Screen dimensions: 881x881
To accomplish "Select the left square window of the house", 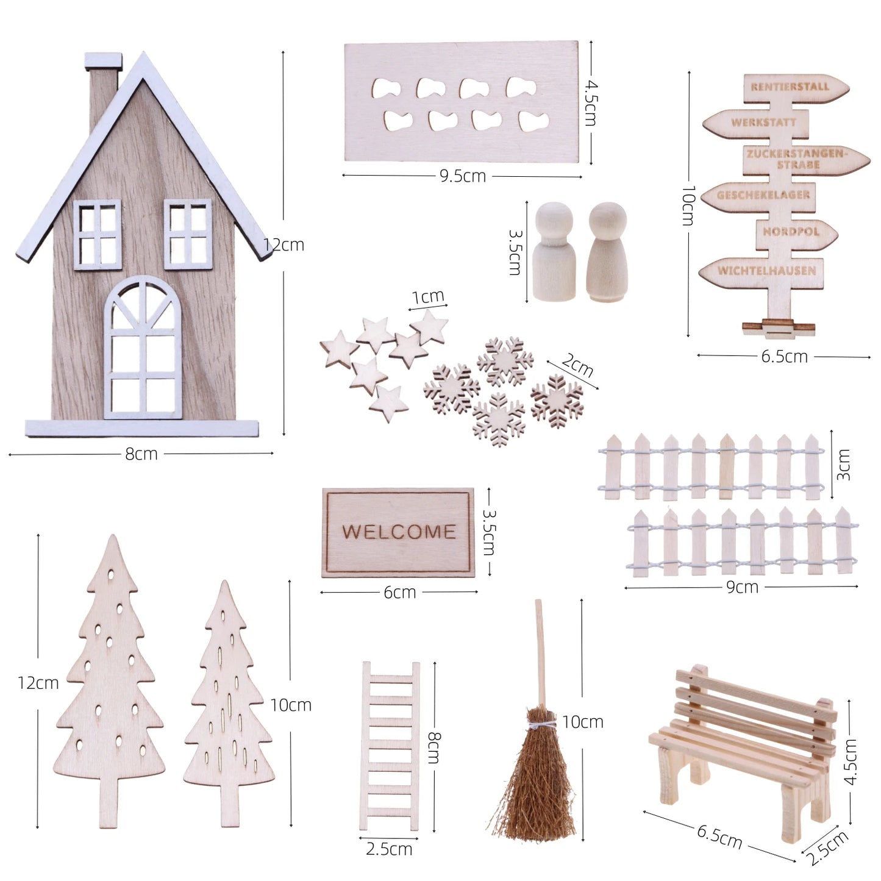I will [98, 235].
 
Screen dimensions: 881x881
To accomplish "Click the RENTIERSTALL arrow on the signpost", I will [793, 87].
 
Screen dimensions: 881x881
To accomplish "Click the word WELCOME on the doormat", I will [398, 532].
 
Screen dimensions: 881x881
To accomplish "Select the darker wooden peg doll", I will [607, 252].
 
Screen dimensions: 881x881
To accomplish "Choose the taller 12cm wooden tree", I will [111, 677].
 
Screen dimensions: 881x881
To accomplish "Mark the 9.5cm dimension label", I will [463, 176].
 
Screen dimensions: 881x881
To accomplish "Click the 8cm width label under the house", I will [141, 454].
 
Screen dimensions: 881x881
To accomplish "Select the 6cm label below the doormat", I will [399, 592].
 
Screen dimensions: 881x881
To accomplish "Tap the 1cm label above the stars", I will [427, 298].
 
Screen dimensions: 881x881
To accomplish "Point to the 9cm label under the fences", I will [742, 587].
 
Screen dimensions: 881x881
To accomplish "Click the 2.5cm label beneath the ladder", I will [389, 849].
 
